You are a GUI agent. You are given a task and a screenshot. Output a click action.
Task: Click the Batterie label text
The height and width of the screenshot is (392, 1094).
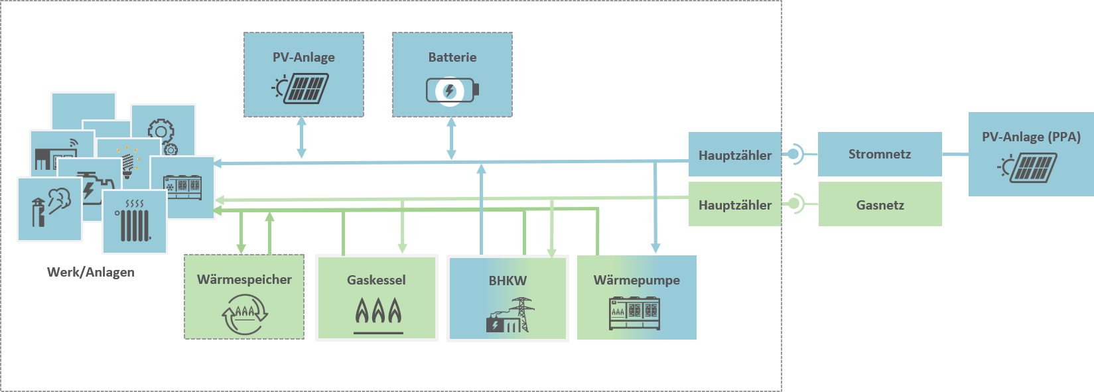pos(452,58)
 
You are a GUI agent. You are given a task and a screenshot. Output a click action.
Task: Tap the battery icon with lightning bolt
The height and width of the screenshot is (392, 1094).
pos(452,90)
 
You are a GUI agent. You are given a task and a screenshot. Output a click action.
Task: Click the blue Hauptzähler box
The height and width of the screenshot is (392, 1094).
pos(734,155)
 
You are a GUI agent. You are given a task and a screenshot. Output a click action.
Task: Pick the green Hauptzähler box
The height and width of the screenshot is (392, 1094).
pos(734,205)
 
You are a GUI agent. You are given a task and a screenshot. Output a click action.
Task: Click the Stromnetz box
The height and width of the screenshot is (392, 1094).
pos(879,154)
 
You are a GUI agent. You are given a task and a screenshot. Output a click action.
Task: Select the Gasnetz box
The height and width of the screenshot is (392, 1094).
pos(880,205)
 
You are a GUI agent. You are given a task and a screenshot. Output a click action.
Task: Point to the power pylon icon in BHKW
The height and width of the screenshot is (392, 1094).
pos(522,313)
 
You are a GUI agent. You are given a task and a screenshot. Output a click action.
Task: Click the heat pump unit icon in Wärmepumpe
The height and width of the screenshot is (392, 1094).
pos(635,313)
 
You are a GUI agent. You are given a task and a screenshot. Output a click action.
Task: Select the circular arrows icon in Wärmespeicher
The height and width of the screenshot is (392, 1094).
pos(244,314)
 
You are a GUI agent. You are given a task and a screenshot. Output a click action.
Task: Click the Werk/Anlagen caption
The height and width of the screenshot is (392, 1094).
pos(91,272)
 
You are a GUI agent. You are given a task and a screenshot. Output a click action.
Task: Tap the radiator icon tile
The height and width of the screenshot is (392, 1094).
pos(135,222)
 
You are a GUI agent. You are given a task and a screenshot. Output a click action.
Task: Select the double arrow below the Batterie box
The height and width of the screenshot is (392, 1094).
pos(451,139)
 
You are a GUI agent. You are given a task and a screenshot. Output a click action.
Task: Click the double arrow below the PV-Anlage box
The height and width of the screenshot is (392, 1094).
pos(301,138)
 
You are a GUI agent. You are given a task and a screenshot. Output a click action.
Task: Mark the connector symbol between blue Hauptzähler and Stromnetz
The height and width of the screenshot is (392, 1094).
pos(795,155)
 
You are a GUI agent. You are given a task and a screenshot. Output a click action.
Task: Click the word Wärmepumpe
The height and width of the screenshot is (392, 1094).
pos(636,280)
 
